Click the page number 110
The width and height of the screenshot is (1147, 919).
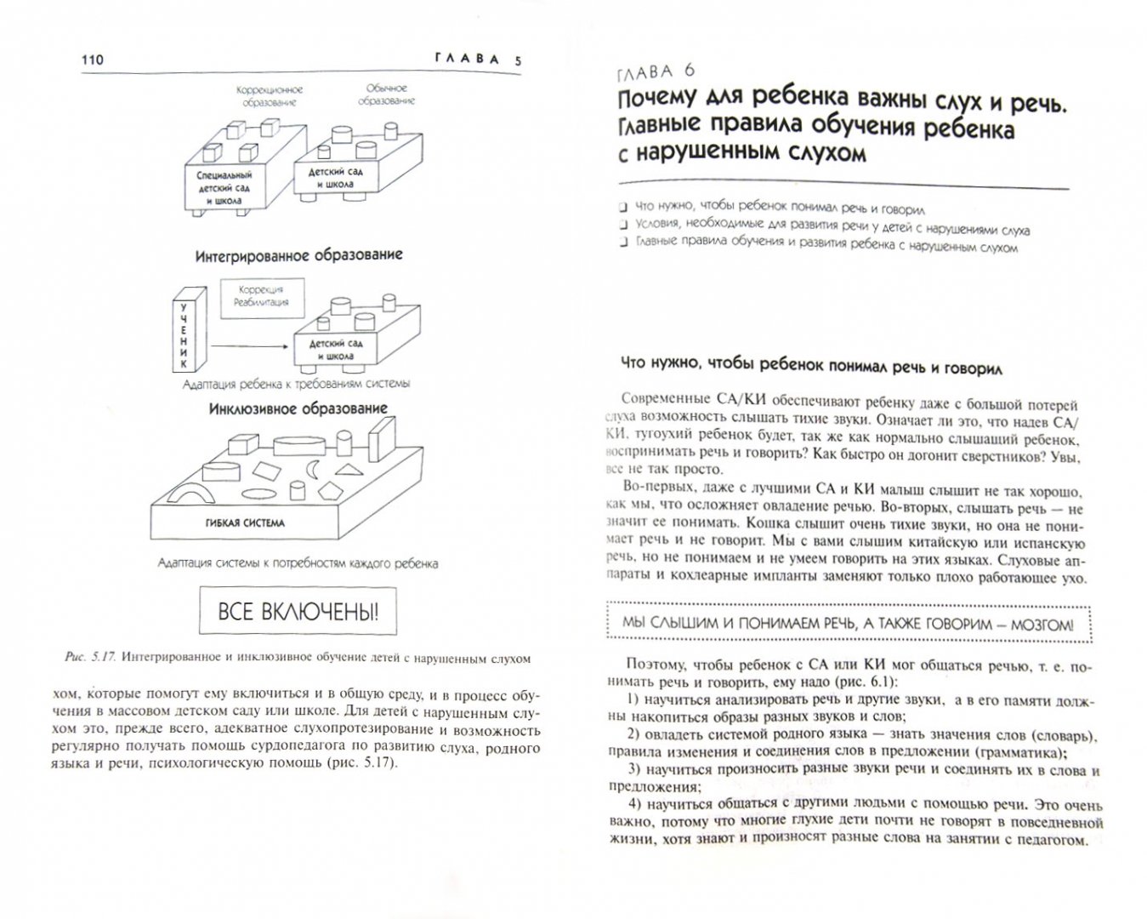point(92,60)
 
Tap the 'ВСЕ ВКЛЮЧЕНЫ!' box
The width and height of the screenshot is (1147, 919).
point(298,611)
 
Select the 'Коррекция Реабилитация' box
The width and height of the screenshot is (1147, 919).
point(263,298)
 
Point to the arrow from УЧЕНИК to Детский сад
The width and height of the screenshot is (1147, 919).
point(249,346)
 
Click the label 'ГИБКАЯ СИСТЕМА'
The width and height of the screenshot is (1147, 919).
point(245,523)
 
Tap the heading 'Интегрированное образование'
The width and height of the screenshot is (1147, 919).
point(299,255)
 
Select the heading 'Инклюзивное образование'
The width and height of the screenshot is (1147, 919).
point(298,409)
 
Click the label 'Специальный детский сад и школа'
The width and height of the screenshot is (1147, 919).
point(224,188)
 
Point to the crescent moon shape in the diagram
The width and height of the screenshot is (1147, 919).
point(313,469)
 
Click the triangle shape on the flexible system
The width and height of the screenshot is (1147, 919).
point(349,470)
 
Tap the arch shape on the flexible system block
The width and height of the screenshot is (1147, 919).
point(190,493)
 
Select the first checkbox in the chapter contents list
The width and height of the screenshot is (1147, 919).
point(623,207)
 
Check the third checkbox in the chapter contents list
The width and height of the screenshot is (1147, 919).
point(623,242)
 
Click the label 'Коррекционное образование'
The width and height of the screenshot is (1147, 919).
point(270,96)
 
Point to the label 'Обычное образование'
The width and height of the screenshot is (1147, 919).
point(386,94)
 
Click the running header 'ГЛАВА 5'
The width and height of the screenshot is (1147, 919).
point(478,60)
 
